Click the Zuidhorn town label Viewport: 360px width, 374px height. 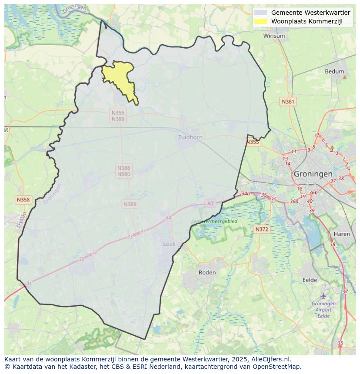(190, 137)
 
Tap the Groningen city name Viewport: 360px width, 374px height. (313, 173)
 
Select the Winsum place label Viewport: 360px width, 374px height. (274, 36)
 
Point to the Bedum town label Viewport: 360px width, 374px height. (334, 72)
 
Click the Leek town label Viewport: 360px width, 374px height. (169, 244)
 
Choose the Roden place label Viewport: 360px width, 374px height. (207, 272)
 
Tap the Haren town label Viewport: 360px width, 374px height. (342, 234)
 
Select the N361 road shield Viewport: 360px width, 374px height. (288, 102)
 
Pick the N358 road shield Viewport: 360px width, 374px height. (23, 200)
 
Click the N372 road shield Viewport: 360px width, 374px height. (262, 229)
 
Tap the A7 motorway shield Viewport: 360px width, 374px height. (210, 203)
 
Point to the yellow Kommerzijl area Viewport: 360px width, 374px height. (120, 78)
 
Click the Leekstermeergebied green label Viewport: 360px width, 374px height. (214, 221)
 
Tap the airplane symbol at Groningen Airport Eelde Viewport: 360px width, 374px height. (323, 296)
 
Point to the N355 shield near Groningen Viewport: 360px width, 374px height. (252, 142)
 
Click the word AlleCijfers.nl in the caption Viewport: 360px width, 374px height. (271, 359)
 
